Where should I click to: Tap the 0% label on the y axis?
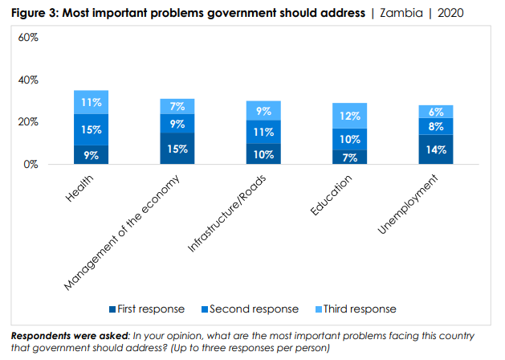coord(31,165)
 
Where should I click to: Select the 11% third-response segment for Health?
coord(91,102)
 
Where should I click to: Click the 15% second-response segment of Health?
coord(91,129)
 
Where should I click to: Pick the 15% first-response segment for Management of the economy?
coord(177,149)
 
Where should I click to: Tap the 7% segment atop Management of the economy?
coord(177,106)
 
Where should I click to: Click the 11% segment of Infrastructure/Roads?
coord(264,132)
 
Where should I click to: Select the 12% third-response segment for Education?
coord(350,116)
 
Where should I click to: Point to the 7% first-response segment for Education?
coord(350,157)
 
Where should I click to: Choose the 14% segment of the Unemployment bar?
coord(436,149)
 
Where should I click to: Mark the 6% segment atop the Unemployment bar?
coord(436,112)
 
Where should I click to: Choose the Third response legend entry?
coord(358,309)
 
